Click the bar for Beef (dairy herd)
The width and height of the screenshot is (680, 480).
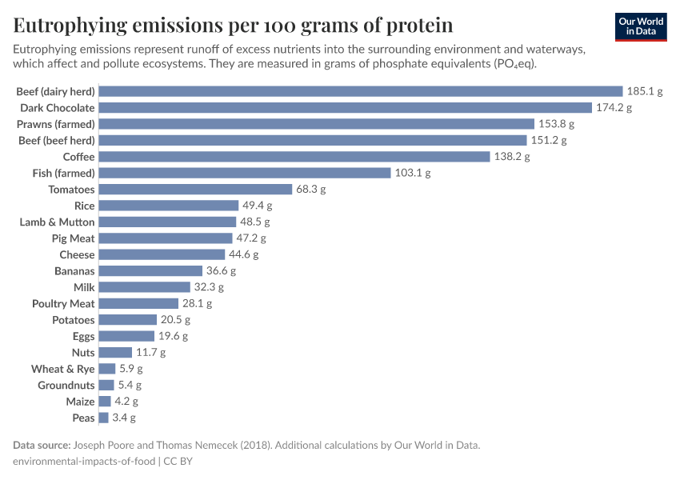pos(360,91)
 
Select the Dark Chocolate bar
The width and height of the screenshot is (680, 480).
pos(345,107)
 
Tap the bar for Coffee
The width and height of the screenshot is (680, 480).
pos(294,157)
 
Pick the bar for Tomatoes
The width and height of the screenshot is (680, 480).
pos(195,190)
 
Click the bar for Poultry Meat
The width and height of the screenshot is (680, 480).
pos(138,303)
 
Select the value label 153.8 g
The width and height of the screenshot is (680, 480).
pos(557,124)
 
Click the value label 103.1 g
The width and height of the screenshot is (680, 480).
pos(413,173)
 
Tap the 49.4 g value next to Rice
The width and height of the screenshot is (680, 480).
pos(258,206)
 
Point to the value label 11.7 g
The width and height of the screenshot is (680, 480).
pos(150,352)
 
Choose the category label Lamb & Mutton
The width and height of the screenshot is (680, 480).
pos(57,222)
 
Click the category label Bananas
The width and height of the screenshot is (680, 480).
pos(74,271)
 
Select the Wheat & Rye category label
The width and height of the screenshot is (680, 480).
pos(62,369)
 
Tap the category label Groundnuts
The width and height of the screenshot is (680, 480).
pos(66,385)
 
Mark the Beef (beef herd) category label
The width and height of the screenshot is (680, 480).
pos(56,140)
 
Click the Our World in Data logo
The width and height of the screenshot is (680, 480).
pos(641,26)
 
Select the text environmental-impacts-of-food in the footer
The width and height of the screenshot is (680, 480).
pos(84,461)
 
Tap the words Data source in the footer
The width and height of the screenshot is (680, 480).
pos(41,445)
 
